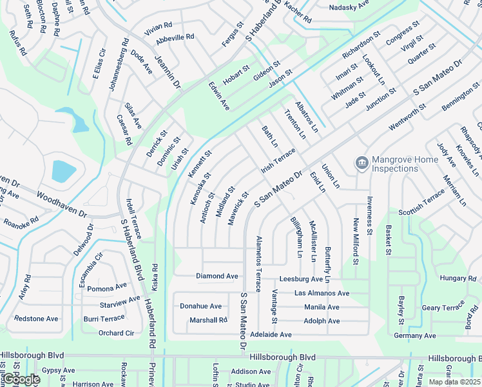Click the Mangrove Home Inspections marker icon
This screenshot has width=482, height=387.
[361, 162]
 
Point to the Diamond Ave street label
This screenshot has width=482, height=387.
[217, 276]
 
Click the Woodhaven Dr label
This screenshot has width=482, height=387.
[61, 204]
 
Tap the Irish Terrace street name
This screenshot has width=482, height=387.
[278, 160]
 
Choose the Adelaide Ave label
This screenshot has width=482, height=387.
[271, 335]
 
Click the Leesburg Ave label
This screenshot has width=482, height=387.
[301, 279]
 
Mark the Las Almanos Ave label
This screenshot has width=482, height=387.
[322, 293]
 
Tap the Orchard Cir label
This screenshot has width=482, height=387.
[116, 333]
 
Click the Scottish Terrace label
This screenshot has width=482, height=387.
[421, 202]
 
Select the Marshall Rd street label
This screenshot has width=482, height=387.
[208, 320]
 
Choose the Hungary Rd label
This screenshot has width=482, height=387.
[458, 278]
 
